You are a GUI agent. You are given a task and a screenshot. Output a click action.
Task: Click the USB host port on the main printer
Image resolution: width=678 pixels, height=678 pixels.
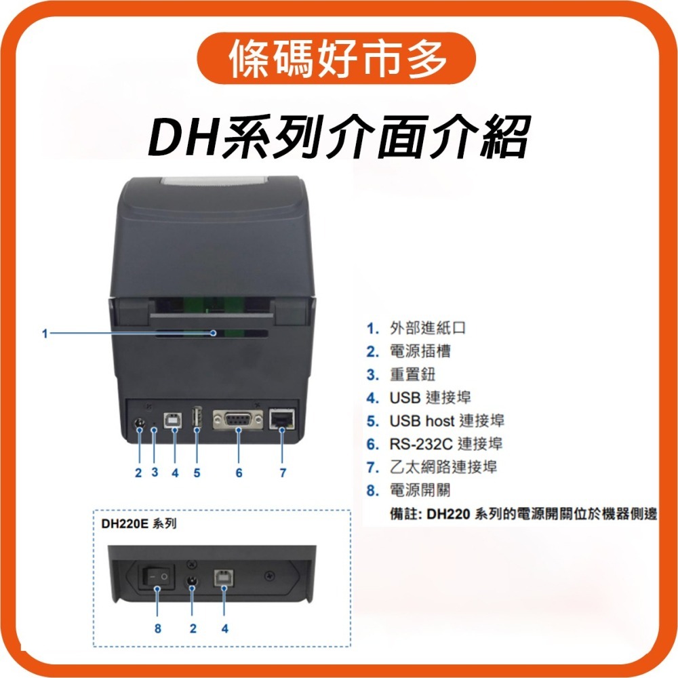pos(197,418)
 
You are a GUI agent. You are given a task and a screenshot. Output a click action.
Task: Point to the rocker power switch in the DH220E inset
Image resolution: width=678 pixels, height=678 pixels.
pos(157,576)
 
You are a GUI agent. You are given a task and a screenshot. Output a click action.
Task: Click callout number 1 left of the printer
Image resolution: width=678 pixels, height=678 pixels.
pos(45,333)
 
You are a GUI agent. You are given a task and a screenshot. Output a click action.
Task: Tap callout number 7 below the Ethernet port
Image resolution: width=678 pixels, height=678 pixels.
pos(283,473)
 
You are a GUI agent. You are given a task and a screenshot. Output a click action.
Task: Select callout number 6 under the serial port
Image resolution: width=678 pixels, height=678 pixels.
pos(239,473)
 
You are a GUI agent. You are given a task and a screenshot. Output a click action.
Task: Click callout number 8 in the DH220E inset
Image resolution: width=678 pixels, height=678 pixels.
pos(158,629)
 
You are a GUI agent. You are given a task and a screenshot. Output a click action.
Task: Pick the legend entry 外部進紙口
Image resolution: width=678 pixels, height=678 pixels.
pos(427,329)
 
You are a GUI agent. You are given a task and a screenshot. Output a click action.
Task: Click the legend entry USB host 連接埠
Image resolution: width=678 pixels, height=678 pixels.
pos(446,421)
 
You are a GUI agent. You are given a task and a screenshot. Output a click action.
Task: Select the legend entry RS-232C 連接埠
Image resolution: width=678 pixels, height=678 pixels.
pos(445,444)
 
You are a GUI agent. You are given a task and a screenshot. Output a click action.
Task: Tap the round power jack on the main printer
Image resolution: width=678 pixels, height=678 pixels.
pos(139,425)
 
